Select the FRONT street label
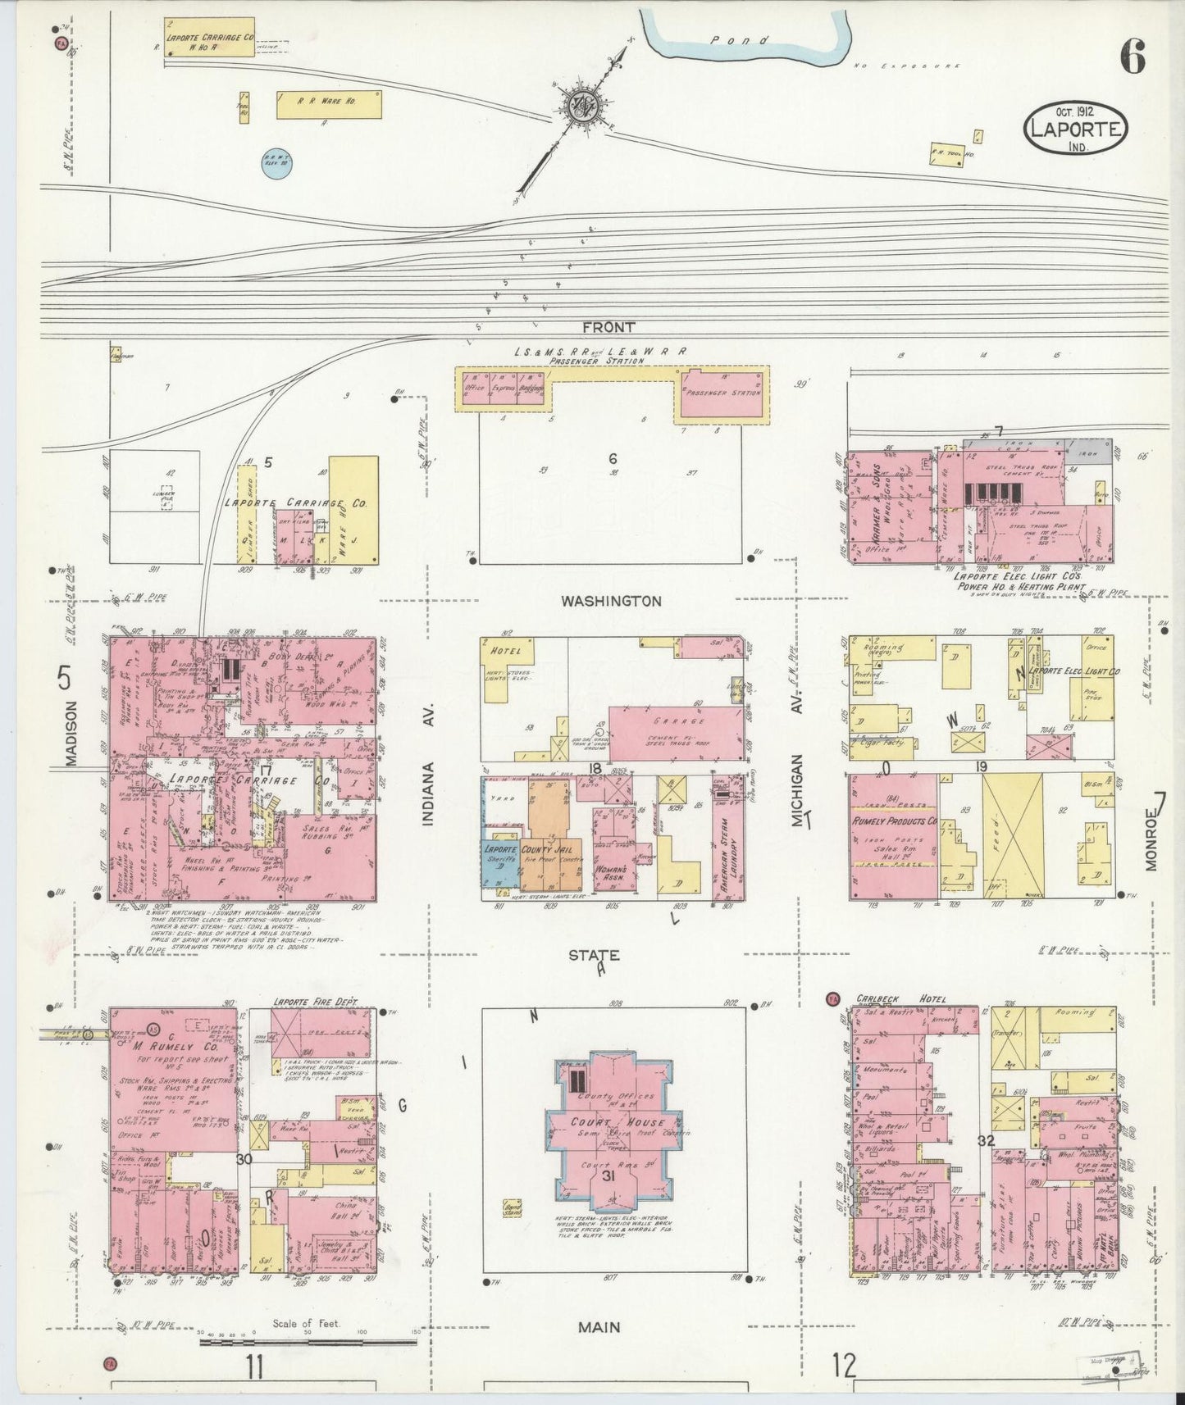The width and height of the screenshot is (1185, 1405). [x=608, y=327]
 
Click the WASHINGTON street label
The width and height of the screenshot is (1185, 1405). [x=611, y=601]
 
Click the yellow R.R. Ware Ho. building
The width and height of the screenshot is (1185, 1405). [x=328, y=104]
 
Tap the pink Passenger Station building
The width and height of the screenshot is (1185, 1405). [x=721, y=393]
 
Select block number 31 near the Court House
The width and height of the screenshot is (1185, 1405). [x=608, y=1175]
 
